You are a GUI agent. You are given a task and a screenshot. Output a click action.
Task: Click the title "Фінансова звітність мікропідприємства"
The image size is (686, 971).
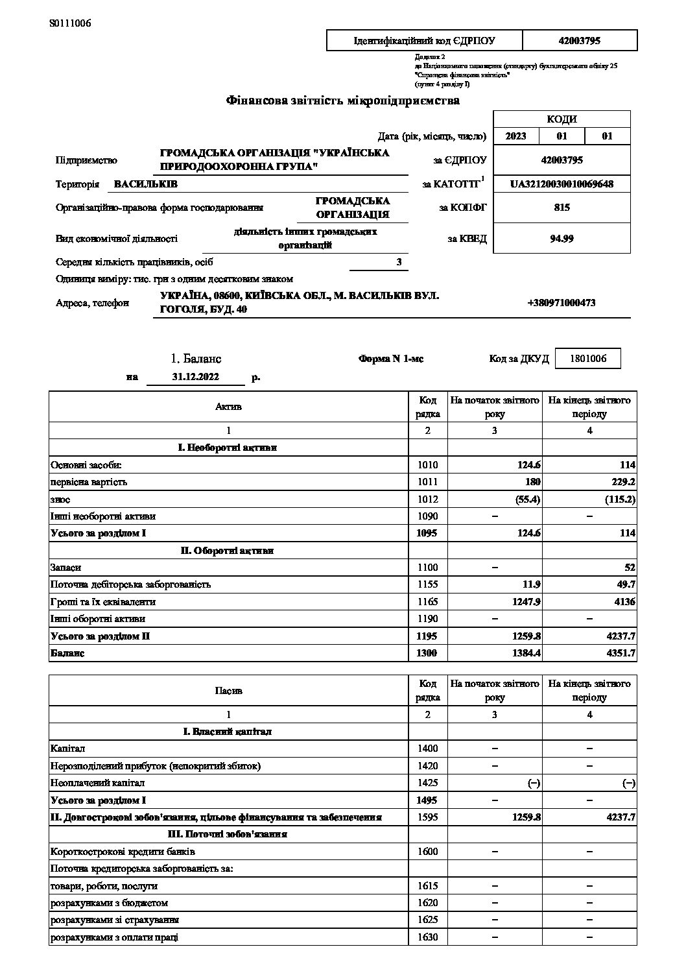point(342,101)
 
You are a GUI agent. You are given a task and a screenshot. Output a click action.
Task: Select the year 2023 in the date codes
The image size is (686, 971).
point(515,136)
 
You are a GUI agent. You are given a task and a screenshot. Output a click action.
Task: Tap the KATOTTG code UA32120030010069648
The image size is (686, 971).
point(562,184)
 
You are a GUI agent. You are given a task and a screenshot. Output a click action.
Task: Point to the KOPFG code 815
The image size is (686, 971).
point(562,208)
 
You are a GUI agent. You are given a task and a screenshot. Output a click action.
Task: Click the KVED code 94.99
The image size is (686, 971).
point(562,238)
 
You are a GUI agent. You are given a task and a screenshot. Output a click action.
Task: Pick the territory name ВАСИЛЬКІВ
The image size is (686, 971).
point(145,184)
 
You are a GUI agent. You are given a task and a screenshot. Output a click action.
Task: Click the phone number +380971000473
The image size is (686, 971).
point(562,303)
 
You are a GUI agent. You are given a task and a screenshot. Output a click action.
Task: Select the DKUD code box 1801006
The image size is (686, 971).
point(588,359)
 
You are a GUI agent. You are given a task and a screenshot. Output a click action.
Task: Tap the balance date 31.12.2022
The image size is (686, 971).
point(196,377)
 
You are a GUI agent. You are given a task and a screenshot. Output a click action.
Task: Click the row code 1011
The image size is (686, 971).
point(428,482)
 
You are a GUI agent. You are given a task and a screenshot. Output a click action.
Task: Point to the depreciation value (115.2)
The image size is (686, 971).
point(619,499)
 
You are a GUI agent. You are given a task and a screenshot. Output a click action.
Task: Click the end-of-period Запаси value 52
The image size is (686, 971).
point(630,568)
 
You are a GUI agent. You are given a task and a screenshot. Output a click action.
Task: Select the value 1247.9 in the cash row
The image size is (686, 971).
point(526,602)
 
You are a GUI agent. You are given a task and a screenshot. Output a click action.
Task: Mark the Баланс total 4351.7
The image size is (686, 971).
point(620,653)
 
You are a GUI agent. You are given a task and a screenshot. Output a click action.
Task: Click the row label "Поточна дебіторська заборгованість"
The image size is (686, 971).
point(130,584)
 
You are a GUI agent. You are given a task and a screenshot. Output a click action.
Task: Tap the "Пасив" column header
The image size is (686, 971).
point(228,691)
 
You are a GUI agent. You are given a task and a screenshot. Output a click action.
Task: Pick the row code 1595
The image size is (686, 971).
point(428,817)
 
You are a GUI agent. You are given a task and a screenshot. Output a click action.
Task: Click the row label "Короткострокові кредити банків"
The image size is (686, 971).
point(123,852)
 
